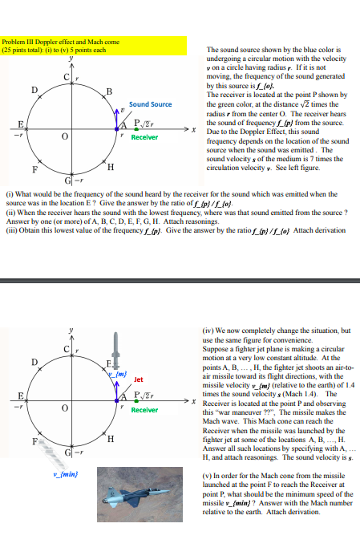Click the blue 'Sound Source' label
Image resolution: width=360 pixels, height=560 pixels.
point(150,104)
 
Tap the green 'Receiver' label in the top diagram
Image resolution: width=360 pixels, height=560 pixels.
point(145,137)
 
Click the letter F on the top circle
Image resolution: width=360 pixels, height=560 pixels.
point(33,170)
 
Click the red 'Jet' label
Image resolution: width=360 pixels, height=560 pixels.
point(138,379)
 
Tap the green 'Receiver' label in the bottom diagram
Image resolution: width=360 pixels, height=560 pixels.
point(145,410)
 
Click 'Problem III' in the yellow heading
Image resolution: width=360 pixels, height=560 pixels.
point(19,41)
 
